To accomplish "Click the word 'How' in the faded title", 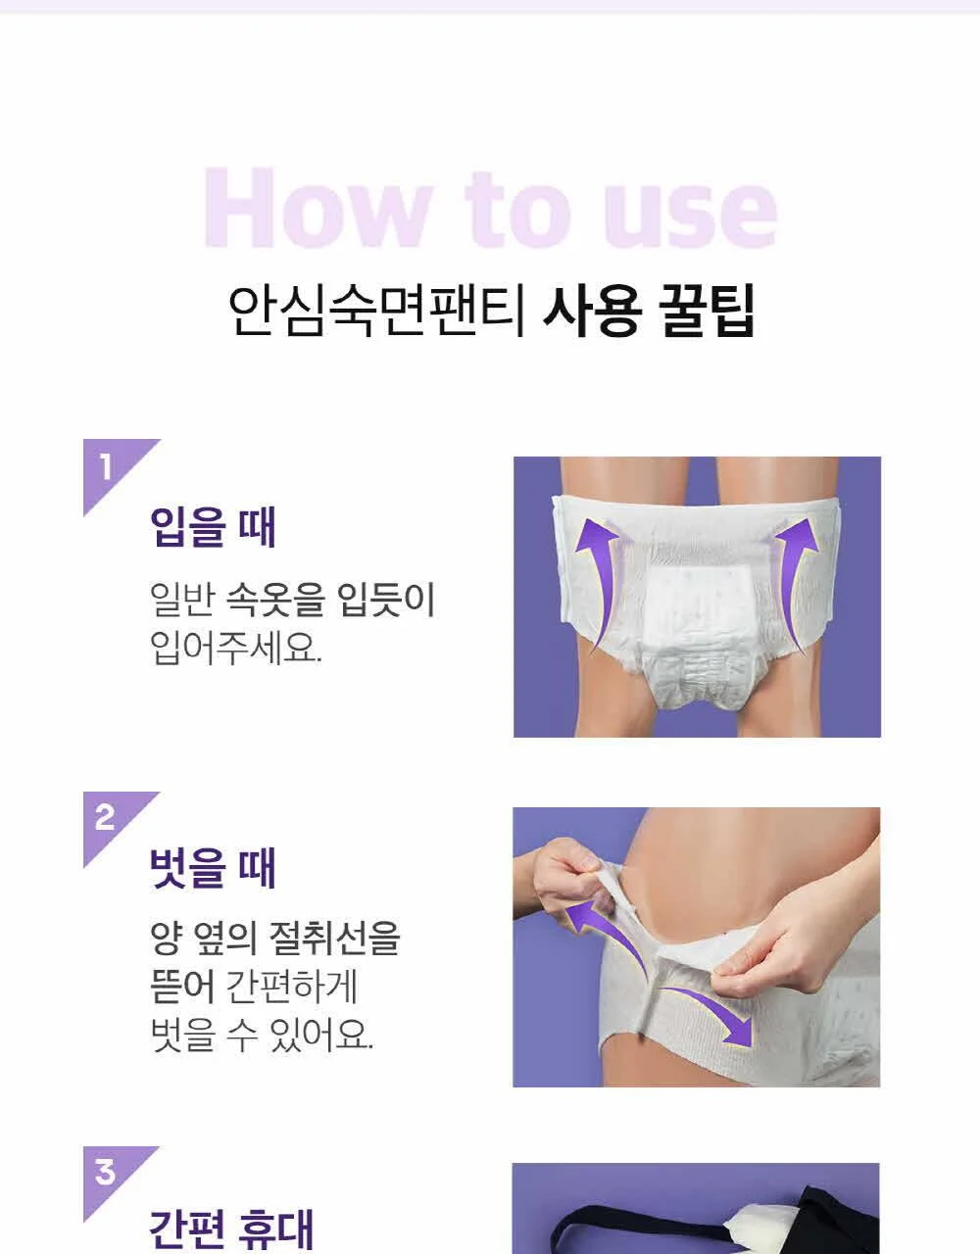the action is [x=318, y=208].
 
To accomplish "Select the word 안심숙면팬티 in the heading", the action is [x=377, y=312].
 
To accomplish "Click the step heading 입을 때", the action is [x=213, y=527].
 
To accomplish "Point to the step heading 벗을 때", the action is [x=213, y=867].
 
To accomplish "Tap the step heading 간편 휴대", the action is [x=232, y=1230].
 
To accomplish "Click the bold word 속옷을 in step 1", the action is [x=275, y=600].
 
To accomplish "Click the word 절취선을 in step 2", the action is [x=334, y=939].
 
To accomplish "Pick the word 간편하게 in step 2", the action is [x=292, y=987].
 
